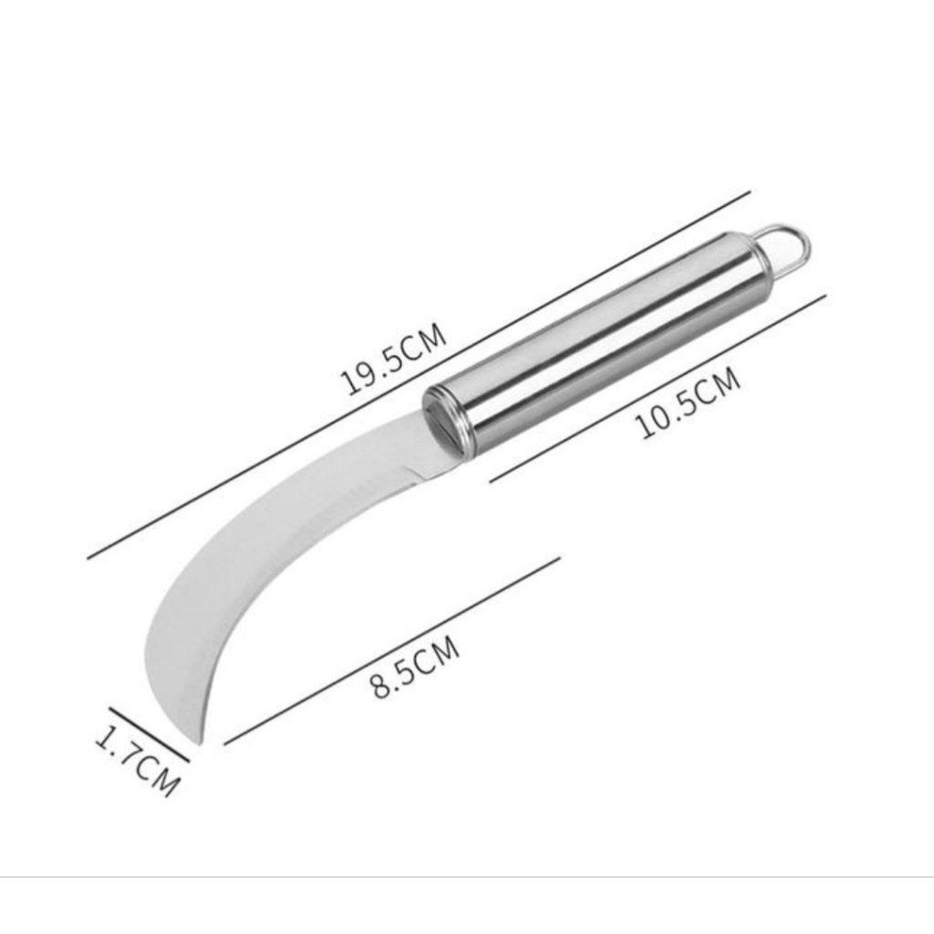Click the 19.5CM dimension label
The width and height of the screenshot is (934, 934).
tap(393, 359)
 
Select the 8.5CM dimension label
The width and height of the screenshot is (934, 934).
tap(416, 667)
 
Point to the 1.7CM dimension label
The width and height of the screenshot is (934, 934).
tap(137, 760)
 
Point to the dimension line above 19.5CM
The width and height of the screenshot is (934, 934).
tap(419, 375)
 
